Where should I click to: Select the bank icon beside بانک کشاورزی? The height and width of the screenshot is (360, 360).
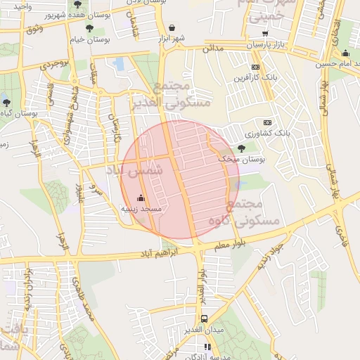[266, 122]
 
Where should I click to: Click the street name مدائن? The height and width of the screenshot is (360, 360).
[212, 49]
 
